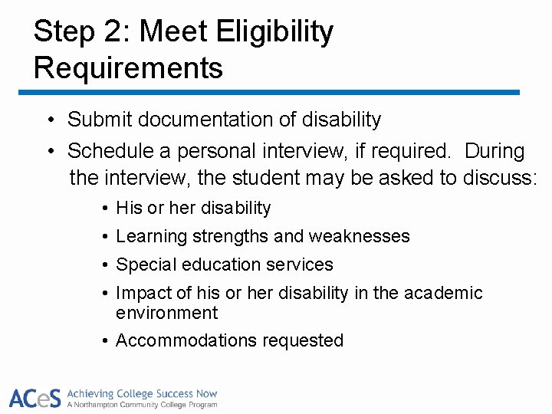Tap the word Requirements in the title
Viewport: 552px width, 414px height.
coord(128,67)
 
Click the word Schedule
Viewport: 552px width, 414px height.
coord(105,151)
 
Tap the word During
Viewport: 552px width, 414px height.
coord(495,151)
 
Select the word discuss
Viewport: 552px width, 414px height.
coord(499,178)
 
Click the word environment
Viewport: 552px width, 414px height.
coord(166,313)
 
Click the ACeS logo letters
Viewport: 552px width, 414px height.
coord(35,398)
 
